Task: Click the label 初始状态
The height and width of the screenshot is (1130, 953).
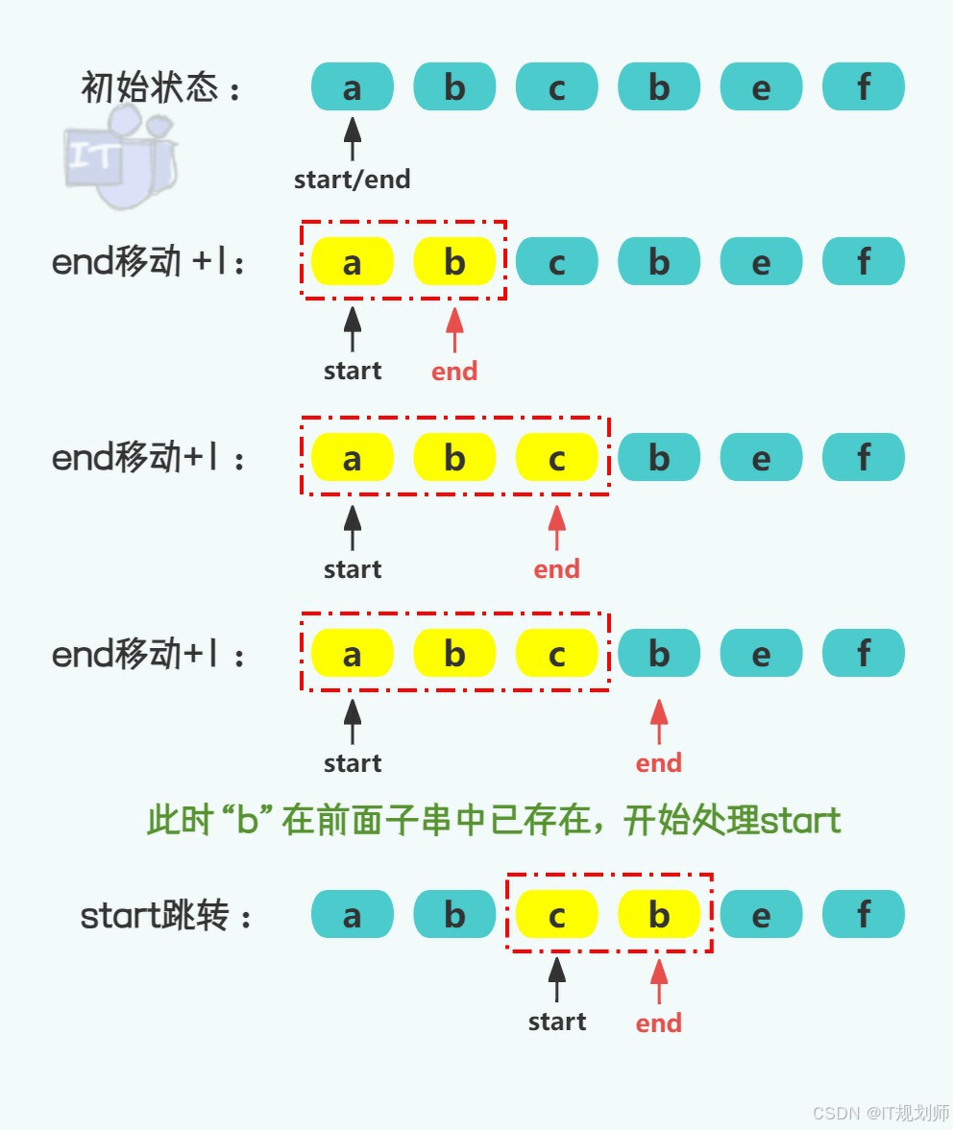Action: (161, 88)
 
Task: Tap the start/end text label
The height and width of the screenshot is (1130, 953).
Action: (352, 180)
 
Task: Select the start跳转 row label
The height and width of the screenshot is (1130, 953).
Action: (166, 917)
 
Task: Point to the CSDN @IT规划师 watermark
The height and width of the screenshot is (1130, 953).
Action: (880, 1113)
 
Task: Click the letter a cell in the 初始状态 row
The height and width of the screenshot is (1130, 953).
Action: (353, 87)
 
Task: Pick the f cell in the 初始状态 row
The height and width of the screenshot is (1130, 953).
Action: (864, 87)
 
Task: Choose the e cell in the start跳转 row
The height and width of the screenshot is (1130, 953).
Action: (761, 914)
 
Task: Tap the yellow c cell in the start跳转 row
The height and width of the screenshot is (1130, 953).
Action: (557, 914)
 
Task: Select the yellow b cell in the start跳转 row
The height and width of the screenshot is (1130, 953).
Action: (659, 914)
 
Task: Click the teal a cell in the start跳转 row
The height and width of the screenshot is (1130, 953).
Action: (353, 914)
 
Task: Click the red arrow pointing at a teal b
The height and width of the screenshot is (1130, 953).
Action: (659, 721)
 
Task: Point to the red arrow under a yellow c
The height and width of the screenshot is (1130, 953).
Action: (557, 527)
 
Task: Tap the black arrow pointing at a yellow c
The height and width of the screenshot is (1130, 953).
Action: (557, 980)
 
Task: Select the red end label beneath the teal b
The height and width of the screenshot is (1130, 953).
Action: (659, 763)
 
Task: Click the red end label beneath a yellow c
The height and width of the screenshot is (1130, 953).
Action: (557, 569)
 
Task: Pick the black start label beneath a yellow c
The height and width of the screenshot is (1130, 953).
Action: (557, 1022)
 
